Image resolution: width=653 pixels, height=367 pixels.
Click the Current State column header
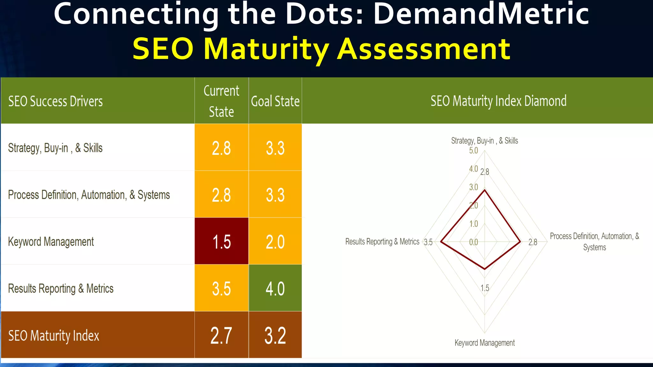tap(221, 101)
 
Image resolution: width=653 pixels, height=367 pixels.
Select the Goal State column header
tap(275, 101)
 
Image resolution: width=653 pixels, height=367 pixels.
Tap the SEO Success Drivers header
tap(55, 101)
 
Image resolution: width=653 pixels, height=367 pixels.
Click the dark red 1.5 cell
tap(221, 241)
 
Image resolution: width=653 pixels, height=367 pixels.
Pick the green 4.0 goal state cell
tap(275, 288)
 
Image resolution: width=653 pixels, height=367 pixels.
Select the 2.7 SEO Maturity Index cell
tap(221, 335)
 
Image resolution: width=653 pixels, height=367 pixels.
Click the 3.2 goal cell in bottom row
tap(275, 335)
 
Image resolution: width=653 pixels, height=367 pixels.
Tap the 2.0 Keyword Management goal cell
tap(275, 241)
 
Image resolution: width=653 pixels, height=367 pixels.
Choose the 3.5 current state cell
tap(221, 288)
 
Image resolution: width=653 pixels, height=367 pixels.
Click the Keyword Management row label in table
tap(51, 242)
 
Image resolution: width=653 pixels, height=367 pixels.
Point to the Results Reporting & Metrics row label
tap(61, 289)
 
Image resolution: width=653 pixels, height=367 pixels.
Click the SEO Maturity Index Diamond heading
tap(498, 101)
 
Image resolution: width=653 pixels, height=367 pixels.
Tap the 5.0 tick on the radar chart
tap(473, 150)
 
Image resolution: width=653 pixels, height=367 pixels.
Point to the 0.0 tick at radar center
tap(473, 242)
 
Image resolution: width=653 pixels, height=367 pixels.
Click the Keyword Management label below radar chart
tap(484, 343)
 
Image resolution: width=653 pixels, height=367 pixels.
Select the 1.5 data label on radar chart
tap(485, 288)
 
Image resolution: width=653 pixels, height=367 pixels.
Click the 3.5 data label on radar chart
tap(428, 242)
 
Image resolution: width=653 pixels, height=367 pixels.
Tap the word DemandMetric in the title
tap(481, 14)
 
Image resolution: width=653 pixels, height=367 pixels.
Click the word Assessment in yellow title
tap(424, 49)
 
